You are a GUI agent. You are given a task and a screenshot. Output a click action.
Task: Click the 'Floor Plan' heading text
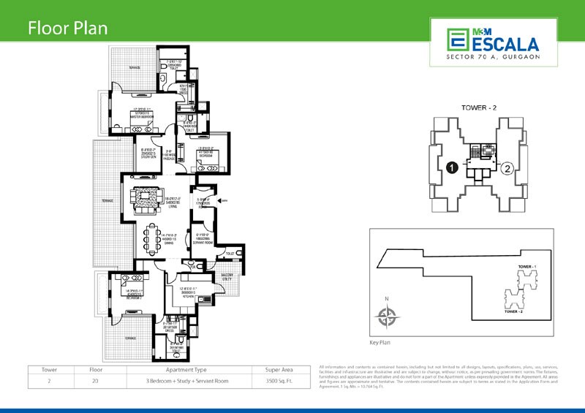67,29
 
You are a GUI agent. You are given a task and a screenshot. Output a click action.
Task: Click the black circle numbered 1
452,168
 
